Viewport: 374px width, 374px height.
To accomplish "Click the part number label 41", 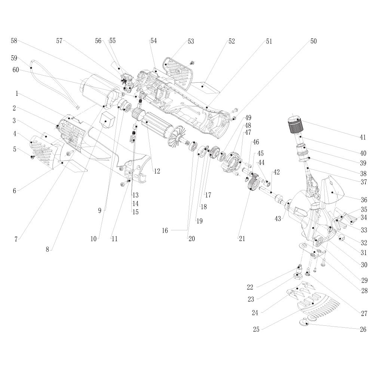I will [362, 137].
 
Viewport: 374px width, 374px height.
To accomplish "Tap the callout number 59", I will [14, 58].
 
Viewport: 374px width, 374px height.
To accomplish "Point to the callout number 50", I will [313, 42].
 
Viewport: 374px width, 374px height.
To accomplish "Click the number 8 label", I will [47, 249].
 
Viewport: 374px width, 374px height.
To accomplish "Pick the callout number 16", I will [165, 231].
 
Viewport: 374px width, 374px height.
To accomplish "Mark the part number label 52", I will [232, 42].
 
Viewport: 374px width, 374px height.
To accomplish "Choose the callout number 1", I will [16, 93].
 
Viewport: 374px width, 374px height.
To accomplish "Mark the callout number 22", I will [250, 287].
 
